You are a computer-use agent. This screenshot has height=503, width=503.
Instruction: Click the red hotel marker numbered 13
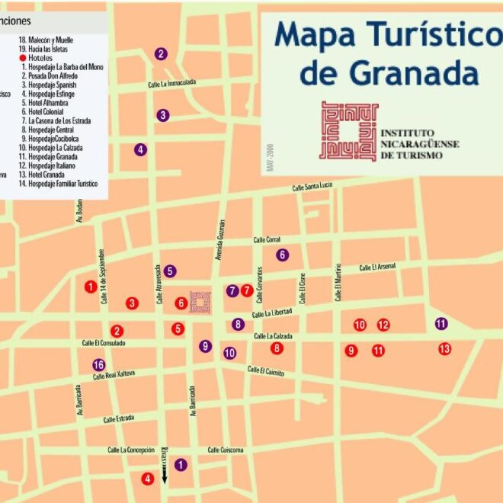pos(444,349)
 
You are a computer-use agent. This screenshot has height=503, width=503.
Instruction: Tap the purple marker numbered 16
pos(98,365)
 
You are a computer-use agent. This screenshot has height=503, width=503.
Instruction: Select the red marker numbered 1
pos(91,287)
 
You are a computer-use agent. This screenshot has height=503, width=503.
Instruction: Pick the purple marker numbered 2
pos(161,53)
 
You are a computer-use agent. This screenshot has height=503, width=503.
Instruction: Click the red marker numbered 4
pos(148,479)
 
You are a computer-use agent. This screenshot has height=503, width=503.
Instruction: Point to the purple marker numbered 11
pos(441,323)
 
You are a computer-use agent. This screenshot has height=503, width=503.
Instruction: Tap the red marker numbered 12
pos(383,325)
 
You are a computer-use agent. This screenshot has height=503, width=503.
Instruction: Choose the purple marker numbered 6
pos(283,255)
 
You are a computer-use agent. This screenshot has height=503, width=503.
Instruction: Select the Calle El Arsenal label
pos(379,267)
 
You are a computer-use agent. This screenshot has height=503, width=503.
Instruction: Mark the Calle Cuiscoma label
pos(226,450)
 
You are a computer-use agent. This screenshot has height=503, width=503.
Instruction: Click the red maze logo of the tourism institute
pos(349,130)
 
